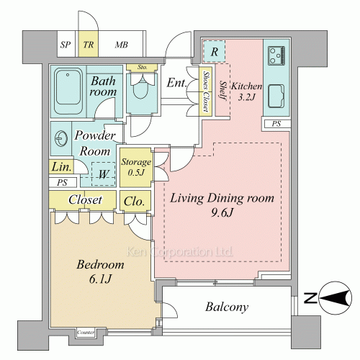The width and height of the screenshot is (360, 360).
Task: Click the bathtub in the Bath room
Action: tap(68, 91)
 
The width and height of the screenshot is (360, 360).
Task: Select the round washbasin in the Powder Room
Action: tap(60, 138)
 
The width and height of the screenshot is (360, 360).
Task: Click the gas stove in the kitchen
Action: tap(276, 56)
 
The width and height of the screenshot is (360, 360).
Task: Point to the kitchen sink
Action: tap(276, 96)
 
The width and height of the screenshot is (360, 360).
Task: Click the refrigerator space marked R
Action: tap(214, 52)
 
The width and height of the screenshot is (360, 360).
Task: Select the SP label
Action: tap(66, 45)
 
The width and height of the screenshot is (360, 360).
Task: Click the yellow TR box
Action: tap(89, 44)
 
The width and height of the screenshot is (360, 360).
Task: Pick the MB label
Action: tap(122, 45)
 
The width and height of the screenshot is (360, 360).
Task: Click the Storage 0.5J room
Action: tap(135, 168)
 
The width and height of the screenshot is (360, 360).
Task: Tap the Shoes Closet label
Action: tap(205, 91)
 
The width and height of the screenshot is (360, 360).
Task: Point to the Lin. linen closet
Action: tap(61, 166)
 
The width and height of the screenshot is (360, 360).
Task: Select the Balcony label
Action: tap(227, 307)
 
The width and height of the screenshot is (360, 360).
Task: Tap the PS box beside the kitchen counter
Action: tap(276, 124)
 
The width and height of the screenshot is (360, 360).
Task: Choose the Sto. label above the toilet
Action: tap(142, 67)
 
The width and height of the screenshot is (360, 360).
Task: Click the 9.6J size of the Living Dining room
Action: tap(222, 212)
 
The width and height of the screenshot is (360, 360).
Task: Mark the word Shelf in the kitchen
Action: tap(223, 91)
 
